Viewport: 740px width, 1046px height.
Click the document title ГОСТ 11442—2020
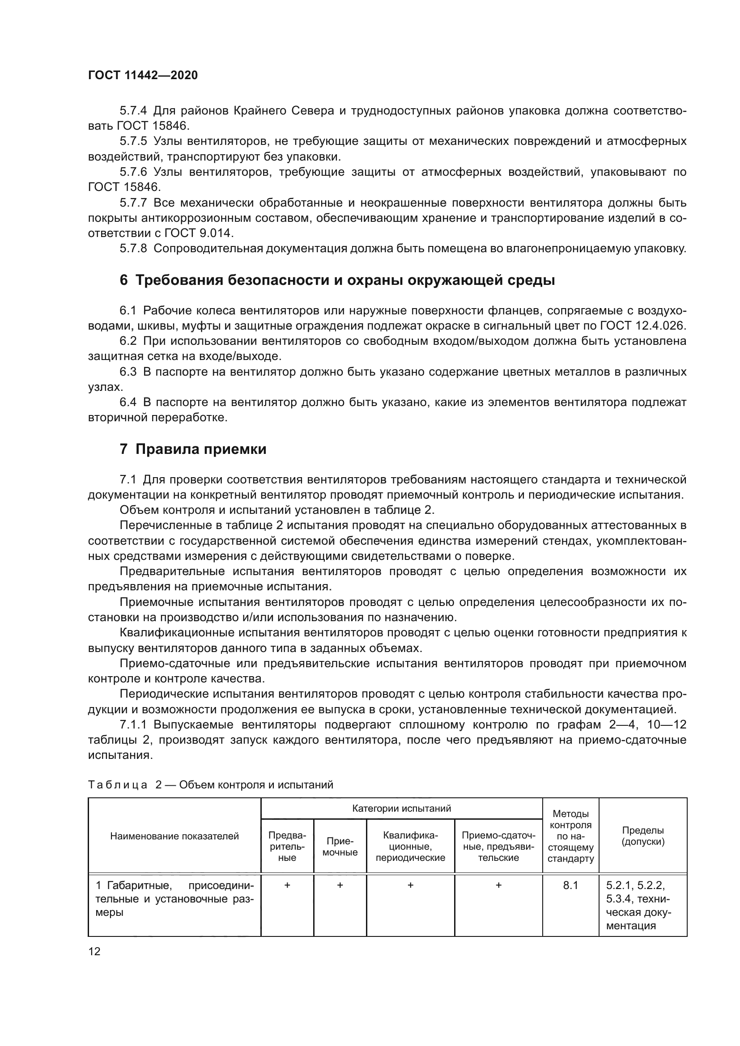point(143,76)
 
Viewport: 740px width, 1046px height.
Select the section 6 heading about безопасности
point(337,280)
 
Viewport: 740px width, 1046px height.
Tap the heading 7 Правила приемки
point(193,449)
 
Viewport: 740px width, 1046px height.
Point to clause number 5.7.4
point(133,111)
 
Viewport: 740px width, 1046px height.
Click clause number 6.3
point(128,372)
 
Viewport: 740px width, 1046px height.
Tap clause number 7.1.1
point(135,725)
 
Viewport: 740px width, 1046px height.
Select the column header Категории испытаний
point(401,809)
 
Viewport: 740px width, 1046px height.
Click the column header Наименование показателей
point(174,836)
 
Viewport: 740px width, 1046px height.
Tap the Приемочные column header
point(340,847)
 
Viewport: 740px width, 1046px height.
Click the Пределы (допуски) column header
point(642,836)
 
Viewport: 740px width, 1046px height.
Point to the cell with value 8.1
point(570,885)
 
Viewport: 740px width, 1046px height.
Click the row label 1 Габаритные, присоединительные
point(174,899)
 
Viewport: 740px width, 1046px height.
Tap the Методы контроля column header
point(570,836)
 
